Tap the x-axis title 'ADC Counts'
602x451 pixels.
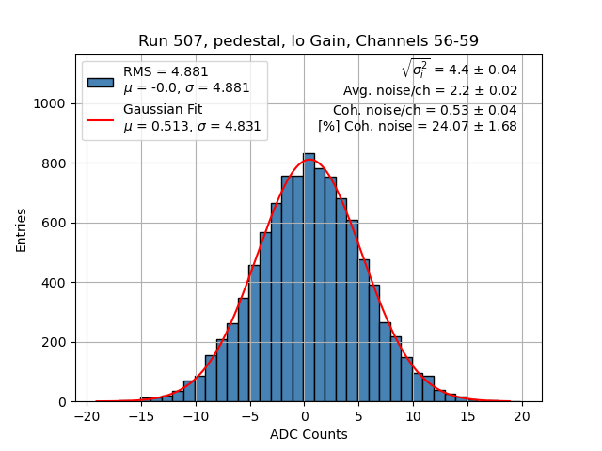click(x=309, y=434)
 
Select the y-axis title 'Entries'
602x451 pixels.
click(x=22, y=228)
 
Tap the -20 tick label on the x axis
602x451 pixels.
click(x=87, y=416)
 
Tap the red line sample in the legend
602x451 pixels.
click(x=101, y=119)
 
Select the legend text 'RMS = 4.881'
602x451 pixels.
click(x=166, y=71)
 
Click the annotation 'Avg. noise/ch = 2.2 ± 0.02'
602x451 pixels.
click(x=430, y=90)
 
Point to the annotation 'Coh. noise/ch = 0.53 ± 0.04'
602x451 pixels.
click(x=424, y=109)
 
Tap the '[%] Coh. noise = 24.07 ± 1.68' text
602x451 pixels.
click(x=417, y=127)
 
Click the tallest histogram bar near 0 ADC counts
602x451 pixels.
click(x=309, y=282)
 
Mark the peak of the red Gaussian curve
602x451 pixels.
click(x=309, y=161)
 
